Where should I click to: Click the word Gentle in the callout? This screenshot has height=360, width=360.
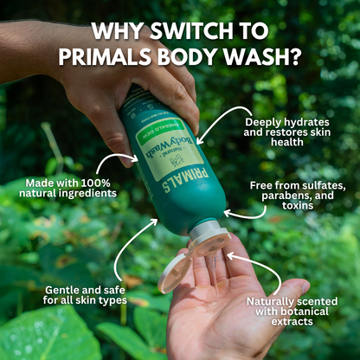(63, 287)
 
